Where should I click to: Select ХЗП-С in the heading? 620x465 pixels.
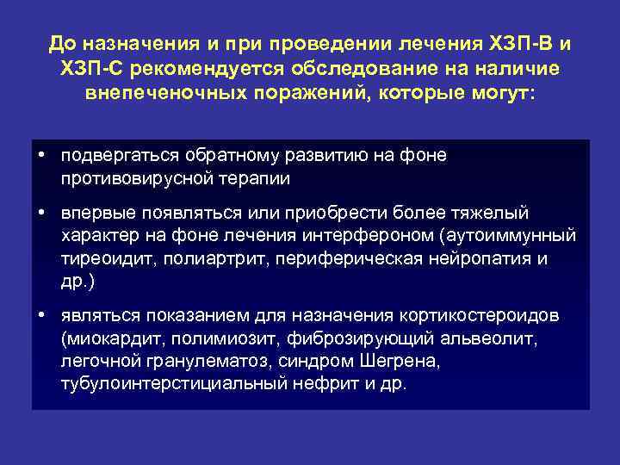coord(88,67)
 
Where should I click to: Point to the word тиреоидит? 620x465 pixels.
coord(102,258)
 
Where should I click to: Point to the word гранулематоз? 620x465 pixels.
coord(195,361)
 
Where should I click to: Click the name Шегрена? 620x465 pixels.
coord(387,361)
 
